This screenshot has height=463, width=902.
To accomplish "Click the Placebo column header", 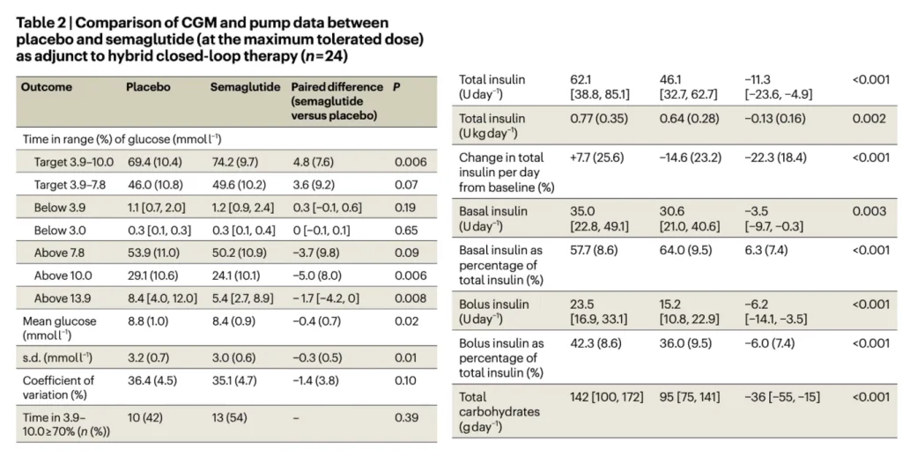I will pos(148,88).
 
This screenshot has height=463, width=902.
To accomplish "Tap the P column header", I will pos(396,88).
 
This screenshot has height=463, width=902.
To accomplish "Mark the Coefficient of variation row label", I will pos(57,387).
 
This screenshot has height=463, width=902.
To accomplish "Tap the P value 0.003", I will pos(869,212).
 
